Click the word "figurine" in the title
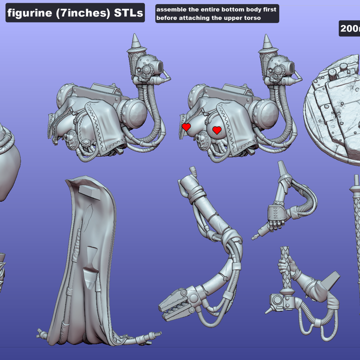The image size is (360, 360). [29, 13]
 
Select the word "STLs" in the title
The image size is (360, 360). [127, 13]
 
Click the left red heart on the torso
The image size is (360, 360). [186, 127]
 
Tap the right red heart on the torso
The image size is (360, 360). [216, 130]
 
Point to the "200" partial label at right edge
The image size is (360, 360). [349, 29]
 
